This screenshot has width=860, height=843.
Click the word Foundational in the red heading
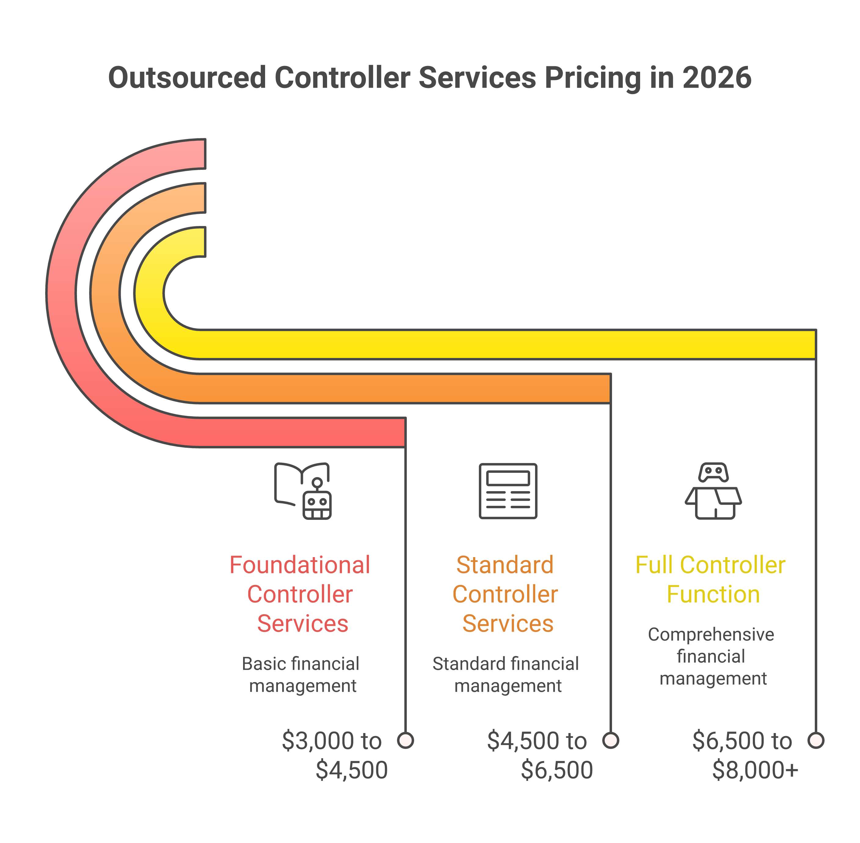[300, 565]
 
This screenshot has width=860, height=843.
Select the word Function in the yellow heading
[713, 594]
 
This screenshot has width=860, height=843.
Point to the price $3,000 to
[332, 741]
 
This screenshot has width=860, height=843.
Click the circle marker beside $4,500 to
[610, 740]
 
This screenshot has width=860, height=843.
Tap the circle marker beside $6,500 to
[815, 740]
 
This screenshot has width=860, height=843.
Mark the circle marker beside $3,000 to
[406, 740]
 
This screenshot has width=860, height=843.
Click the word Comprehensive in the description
[711, 634]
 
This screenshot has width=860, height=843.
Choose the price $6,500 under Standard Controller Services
[556, 770]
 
